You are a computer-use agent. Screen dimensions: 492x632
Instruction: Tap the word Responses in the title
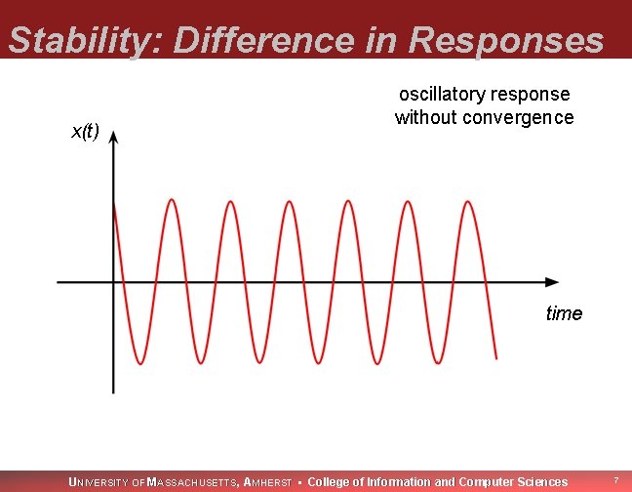point(507,41)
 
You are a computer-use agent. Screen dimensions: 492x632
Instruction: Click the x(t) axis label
point(86,132)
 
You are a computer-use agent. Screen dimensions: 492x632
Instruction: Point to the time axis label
point(564,313)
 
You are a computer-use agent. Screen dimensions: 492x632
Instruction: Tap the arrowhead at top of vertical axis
point(114,140)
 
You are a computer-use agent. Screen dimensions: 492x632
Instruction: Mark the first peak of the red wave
point(172,200)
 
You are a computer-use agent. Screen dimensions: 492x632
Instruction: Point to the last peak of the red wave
point(469,202)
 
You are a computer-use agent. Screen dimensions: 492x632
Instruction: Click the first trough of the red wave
point(141,363)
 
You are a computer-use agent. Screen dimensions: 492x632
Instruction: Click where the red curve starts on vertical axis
point(115,203)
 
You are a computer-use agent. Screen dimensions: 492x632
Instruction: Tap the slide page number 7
point(615,481)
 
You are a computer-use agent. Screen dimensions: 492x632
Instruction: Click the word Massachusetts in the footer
point(192,482)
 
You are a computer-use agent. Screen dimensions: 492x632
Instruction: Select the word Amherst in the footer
point(267,482)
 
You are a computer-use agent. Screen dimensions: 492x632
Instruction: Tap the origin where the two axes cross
point(114,282)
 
